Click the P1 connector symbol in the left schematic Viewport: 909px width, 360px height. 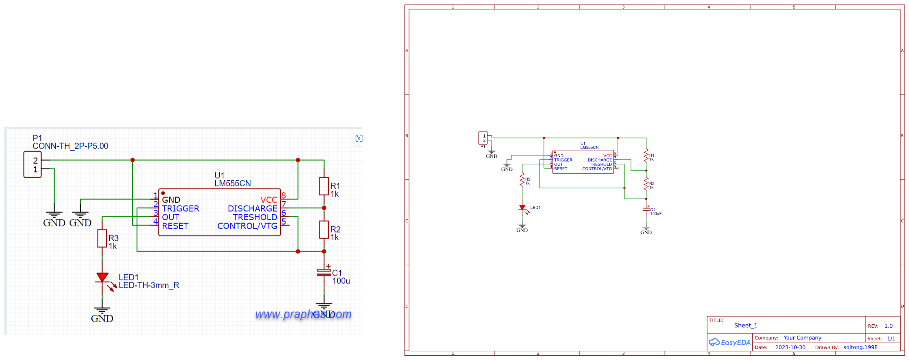point(33,165)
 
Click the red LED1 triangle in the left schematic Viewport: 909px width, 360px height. point(102,277)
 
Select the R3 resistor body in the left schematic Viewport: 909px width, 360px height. point(102,238)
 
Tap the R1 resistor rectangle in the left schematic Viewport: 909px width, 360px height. point(324,186)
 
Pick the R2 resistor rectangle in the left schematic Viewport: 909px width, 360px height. point(324,229)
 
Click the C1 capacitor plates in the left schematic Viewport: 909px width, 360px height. point(324,273)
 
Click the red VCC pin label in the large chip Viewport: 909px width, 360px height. point(268,200)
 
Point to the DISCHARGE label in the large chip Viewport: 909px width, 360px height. point(252,209)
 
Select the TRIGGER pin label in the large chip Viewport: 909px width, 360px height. point(181,209)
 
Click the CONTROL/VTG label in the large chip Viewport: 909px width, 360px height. point(247,226)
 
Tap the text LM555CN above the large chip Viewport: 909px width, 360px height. point(232,183)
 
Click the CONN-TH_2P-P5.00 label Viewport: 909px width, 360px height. point(70,146)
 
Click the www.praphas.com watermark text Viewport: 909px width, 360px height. point(303,314)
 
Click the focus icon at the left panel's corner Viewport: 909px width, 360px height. point(359,138)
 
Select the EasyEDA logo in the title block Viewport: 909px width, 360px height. point(730,342)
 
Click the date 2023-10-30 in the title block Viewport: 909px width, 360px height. point(790,347)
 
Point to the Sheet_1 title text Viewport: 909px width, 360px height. point(745,326)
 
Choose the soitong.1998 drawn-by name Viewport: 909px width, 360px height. point(860,347)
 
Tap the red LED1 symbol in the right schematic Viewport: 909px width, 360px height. point(522,208)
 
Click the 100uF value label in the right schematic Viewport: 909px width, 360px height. point(656,214)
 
